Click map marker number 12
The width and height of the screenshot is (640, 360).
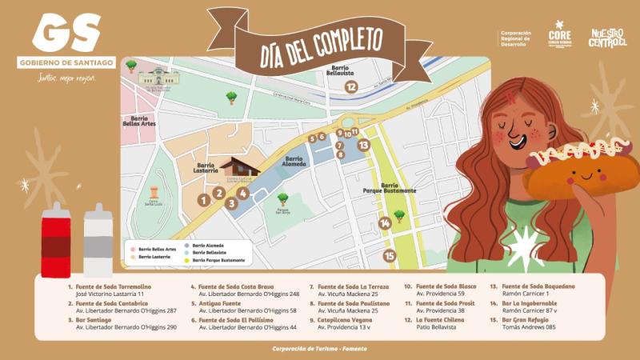tap(350, 87)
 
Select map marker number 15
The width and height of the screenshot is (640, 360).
tap(390, 256)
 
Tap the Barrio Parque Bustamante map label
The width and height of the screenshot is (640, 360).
tap(389, 188)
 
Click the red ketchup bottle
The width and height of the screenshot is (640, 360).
tap(56, 239)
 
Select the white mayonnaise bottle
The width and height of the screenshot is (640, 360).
tap(98, 239)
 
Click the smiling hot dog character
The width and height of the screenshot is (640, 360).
tap(582, 171)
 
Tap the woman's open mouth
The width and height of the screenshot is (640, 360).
tap(517, 141)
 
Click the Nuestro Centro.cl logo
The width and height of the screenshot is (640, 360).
tap(608, 37)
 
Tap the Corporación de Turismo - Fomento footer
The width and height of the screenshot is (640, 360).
tap(320, 348)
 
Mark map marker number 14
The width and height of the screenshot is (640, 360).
tap(385, 223)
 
